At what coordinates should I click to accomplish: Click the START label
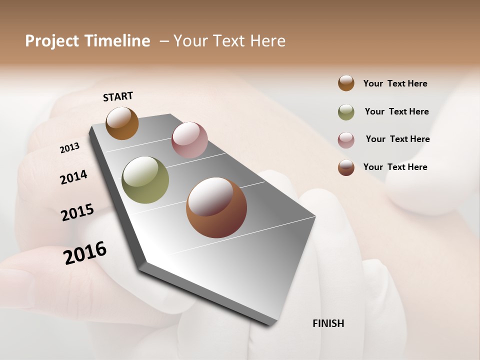[x=118, y=96]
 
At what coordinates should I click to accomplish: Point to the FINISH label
[x=328, y=323]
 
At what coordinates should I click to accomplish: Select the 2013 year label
[x=69, y=148]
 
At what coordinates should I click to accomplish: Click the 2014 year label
[x=73, y=177]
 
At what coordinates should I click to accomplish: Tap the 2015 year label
[x=77, y=212]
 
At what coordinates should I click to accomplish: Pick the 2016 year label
[x=85, y=252]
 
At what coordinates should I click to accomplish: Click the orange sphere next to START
[x=122, y=123]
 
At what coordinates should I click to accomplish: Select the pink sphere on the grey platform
[x=189, y=140]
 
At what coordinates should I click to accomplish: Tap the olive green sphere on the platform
[x=145, y=180]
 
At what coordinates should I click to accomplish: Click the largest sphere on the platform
[x=216, y=207]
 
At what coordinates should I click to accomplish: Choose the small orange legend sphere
[x=346, y=83]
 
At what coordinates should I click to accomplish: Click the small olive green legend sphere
[x=346, y=112]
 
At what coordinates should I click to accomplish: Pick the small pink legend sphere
[x=346, y=140]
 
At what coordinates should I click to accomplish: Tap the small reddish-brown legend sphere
[x=346, y=167]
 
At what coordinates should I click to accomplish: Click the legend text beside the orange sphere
[x=395, y=83]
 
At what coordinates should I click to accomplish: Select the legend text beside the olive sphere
[x=397, y=111]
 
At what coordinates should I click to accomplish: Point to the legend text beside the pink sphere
[x=398, y=139]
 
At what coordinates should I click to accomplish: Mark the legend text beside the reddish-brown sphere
[x=395, y=167]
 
